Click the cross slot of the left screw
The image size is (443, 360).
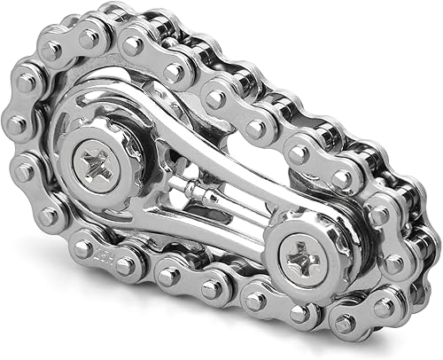point(100,161)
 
